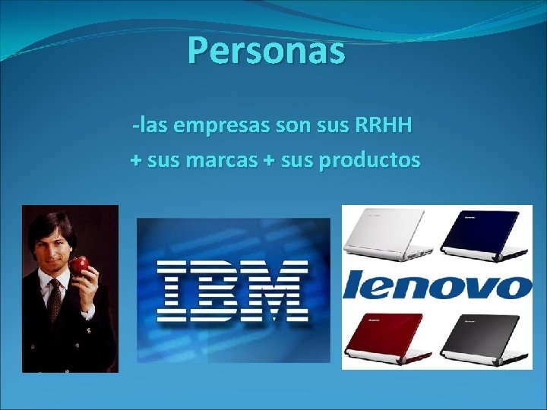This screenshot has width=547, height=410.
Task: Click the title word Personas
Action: [266, 51]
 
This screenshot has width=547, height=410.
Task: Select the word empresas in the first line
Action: [220, 125]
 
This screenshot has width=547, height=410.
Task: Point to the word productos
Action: [369, 161]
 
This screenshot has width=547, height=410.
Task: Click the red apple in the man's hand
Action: [80, 265]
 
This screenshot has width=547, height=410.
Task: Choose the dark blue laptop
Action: [482, 235]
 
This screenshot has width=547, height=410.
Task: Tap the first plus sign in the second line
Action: [135, 162]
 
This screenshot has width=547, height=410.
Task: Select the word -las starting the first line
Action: [150, 125]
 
